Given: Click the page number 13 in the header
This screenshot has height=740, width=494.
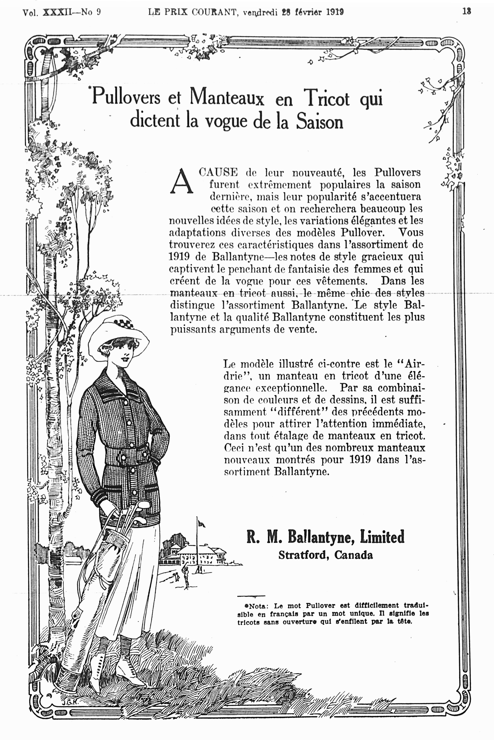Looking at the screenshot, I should [467, 11].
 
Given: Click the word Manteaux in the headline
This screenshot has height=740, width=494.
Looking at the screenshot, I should [227, 97].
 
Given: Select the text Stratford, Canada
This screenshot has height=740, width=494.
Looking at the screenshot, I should [326, 555].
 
